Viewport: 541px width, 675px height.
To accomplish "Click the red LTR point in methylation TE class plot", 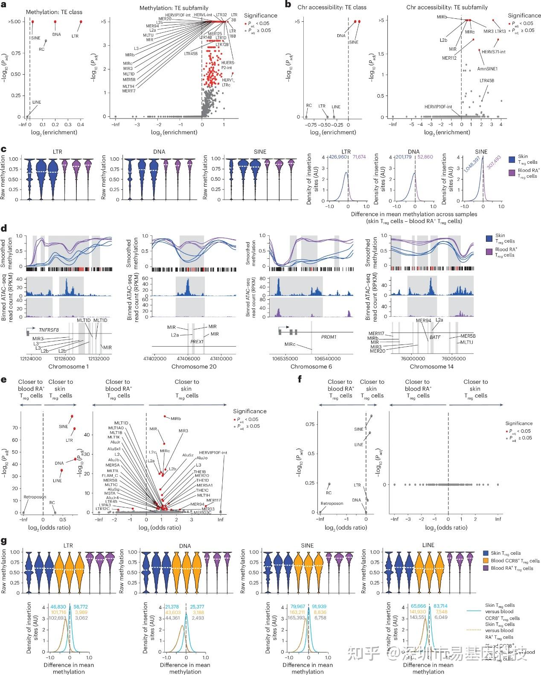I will [81, 22].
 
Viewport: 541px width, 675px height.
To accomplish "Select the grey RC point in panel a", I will [46, 41].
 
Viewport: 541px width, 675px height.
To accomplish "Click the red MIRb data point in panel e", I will [165, 416].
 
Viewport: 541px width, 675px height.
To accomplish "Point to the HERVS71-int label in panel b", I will [494, 52].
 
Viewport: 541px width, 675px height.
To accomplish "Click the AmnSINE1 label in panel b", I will [487, 69].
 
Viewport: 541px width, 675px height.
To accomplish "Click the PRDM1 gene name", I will [329, 337].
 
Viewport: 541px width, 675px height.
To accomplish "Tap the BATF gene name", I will [435, 337].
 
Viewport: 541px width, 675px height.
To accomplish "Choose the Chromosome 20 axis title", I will [194, 367].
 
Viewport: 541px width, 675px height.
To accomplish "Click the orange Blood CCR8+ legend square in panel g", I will [486, 560].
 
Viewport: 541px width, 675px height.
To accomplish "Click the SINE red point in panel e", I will [72, 416].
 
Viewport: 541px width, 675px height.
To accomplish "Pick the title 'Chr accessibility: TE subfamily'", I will [447, 7].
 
